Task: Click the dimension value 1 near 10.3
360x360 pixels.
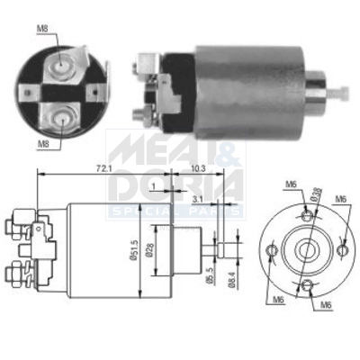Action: point(155,185)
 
